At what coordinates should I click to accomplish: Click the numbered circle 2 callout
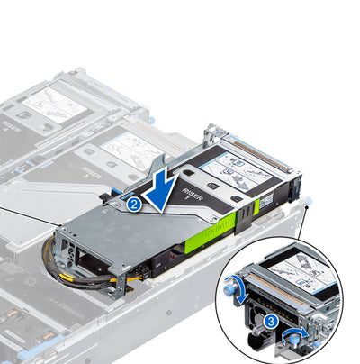(x=133, y=204)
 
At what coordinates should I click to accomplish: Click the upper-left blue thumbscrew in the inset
(x=238, y=286)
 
